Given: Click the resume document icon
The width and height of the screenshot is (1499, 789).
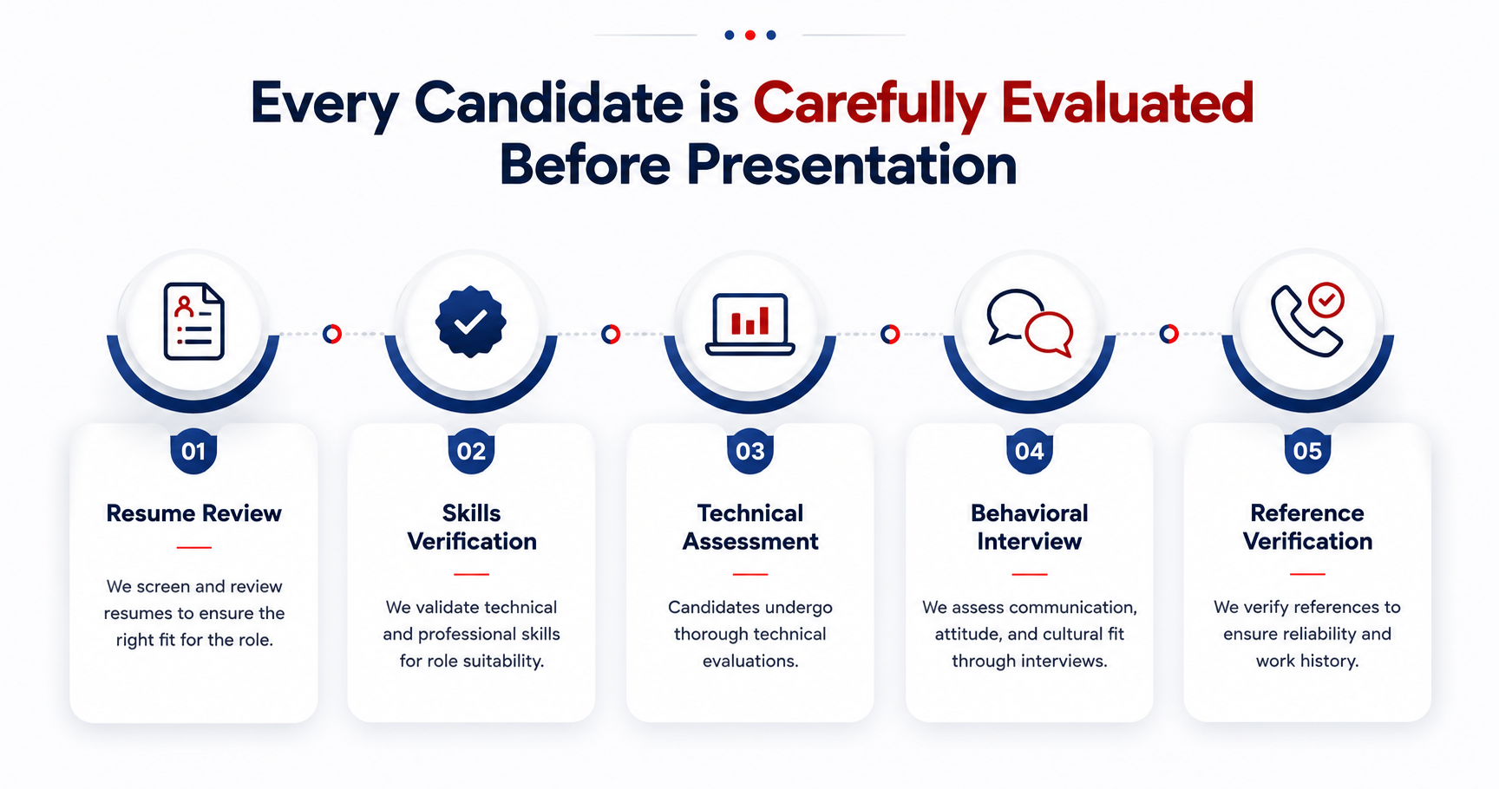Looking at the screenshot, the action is click(x=194, y=321).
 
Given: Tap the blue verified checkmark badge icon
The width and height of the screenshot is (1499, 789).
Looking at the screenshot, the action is click(x=470, y=322).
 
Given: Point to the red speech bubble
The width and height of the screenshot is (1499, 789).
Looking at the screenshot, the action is click(x=1050, y=334).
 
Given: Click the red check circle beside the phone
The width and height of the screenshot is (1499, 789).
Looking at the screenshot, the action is click(x=1326, y=300).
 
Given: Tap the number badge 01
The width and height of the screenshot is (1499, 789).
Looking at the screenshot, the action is click(x=193, y=451).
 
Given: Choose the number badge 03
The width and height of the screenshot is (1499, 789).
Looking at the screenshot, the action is click(x=750, y=451).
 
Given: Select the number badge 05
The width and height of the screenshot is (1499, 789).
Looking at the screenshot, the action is click(x=1307, y=451).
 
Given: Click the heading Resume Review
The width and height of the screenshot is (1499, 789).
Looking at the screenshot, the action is click(x=193, y=513).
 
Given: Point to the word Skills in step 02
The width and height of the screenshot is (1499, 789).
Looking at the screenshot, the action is click(x=472, y=513).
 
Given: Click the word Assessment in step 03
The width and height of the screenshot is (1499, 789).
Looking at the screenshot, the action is click(x=750, y=542).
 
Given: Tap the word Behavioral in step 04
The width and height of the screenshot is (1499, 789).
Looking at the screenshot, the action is click(x=1030, y=513).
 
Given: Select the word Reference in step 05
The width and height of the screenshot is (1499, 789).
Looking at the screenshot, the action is click(x=1307, y=513).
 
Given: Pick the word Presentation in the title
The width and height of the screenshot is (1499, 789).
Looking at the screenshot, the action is click(x=852, y=165).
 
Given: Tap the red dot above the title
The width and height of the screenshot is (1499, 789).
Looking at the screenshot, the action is click(x=750, y=36).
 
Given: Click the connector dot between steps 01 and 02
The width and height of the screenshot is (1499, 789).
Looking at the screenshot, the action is click(x=332, y=334).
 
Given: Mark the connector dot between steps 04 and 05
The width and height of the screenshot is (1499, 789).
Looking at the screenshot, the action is click(x=1169, y=334).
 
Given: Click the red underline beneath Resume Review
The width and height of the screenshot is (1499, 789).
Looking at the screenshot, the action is click(x=193, y=548).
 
